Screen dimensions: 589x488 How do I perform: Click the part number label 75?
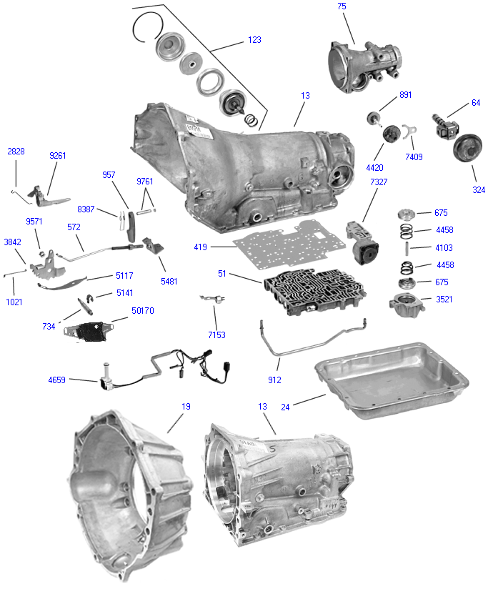(x=342, y=6)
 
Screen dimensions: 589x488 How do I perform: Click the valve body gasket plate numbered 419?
(x=300, y=243)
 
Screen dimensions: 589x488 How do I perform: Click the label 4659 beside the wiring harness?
(x=56, y=380)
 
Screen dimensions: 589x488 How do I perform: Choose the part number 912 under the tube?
(x=274, y=380)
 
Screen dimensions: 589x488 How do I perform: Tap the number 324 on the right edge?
(x=478, y=190)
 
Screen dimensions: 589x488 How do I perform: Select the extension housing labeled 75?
(x=361, y=64)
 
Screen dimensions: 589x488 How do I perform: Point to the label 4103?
(x=444, y=247)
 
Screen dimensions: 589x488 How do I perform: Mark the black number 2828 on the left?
(x=16, y=152)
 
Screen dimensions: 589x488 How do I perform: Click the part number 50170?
(x=143, y=311)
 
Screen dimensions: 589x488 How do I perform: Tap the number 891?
(x=406, y=95)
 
